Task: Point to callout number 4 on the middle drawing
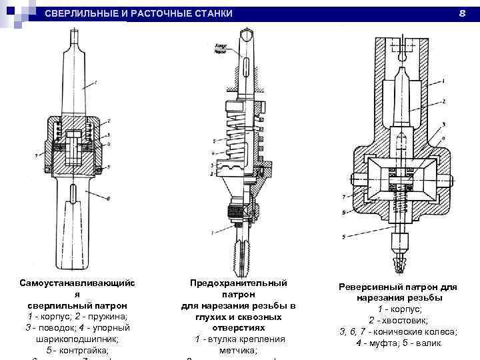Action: pos(213,163)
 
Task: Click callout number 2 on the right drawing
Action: pos(443,102)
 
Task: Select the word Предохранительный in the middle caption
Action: pos(239,283)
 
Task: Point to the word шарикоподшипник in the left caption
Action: pos(74,338)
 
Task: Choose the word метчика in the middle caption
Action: pos(239,350)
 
